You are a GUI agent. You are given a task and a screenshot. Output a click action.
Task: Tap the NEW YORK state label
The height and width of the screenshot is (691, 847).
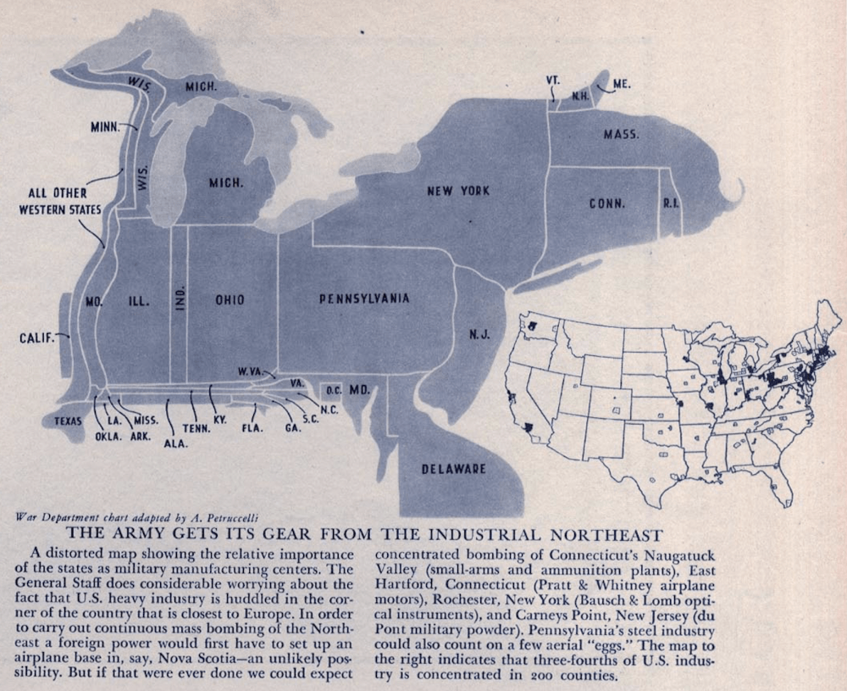(457, 191)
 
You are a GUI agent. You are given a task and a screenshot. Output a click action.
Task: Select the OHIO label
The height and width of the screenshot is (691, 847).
(230, 299)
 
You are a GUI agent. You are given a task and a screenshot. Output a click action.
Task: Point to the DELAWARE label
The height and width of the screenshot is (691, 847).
(454, 468)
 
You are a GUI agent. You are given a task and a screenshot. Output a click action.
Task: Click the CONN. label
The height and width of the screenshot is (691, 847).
(607, 203)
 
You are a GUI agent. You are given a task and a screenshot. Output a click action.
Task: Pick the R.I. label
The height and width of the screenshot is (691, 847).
(673, 203)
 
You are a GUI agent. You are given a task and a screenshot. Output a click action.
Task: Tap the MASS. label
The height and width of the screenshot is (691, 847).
(621, 135)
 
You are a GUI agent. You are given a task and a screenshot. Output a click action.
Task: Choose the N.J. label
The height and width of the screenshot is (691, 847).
(479, 334)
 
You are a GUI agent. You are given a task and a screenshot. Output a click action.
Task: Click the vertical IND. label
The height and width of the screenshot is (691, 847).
(180, 299)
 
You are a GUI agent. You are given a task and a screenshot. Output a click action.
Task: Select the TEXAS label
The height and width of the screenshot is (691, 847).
(69, 421)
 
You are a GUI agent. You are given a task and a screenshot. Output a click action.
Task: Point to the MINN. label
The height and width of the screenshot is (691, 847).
(108, 127)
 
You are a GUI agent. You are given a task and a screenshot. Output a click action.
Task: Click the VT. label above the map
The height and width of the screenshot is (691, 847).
(553, 80)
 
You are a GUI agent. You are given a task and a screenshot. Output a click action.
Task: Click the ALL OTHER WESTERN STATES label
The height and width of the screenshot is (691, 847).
(59, 201)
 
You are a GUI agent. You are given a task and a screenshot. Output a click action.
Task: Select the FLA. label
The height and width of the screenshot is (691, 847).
(252, 427)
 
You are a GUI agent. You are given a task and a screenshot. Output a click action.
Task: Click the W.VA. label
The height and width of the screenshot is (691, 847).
(252, 371)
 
